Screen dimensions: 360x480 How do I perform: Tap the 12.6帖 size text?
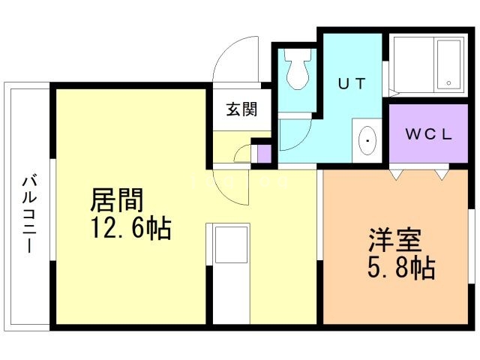pyautogui.click(x=131, y=226)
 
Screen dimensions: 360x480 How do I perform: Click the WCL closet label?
pyautogui.click(x=428, y=135)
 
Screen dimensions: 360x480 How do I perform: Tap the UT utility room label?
pyautogui.click(x=351, y=84)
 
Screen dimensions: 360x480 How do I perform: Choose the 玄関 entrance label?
pyautogui.click(x=242, y=109)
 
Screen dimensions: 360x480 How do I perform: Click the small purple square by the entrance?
pyautogui.click(x=263, y=154)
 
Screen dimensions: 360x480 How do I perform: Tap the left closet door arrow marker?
pyautogui.click(x=394, y=174)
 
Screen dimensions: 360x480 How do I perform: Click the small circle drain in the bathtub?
pyautogui.click(x=448, y=82)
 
